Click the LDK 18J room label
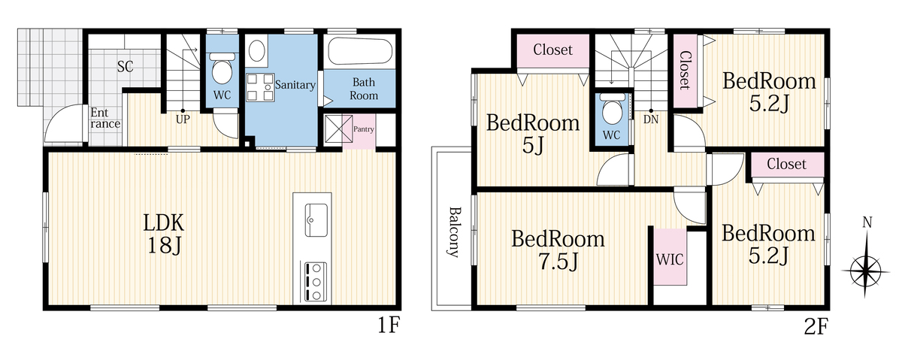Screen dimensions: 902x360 point(164,234)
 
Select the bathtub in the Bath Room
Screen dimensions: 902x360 point(360,51)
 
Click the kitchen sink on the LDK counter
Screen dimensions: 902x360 point(316,220)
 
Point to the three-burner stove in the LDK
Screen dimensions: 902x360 point(316,282)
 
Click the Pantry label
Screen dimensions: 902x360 point(364,129)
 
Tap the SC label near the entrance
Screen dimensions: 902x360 point(126,66)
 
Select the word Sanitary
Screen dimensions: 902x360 point(295,85)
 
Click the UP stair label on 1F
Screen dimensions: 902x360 point(183,119)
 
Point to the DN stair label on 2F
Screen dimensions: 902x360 point(651,119)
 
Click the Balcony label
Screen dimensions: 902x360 point(454,232)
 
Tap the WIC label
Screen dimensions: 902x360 point(670,260)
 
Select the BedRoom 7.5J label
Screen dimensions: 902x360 point(558,250)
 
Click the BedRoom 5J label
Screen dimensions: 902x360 point(533,134)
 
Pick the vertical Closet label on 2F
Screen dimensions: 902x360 point(685,70)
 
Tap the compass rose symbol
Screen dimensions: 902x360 point(866,271)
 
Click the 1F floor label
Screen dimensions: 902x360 point(388,325)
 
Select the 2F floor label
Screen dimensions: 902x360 point(816,327)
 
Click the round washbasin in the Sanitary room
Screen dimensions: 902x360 point(256,51)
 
